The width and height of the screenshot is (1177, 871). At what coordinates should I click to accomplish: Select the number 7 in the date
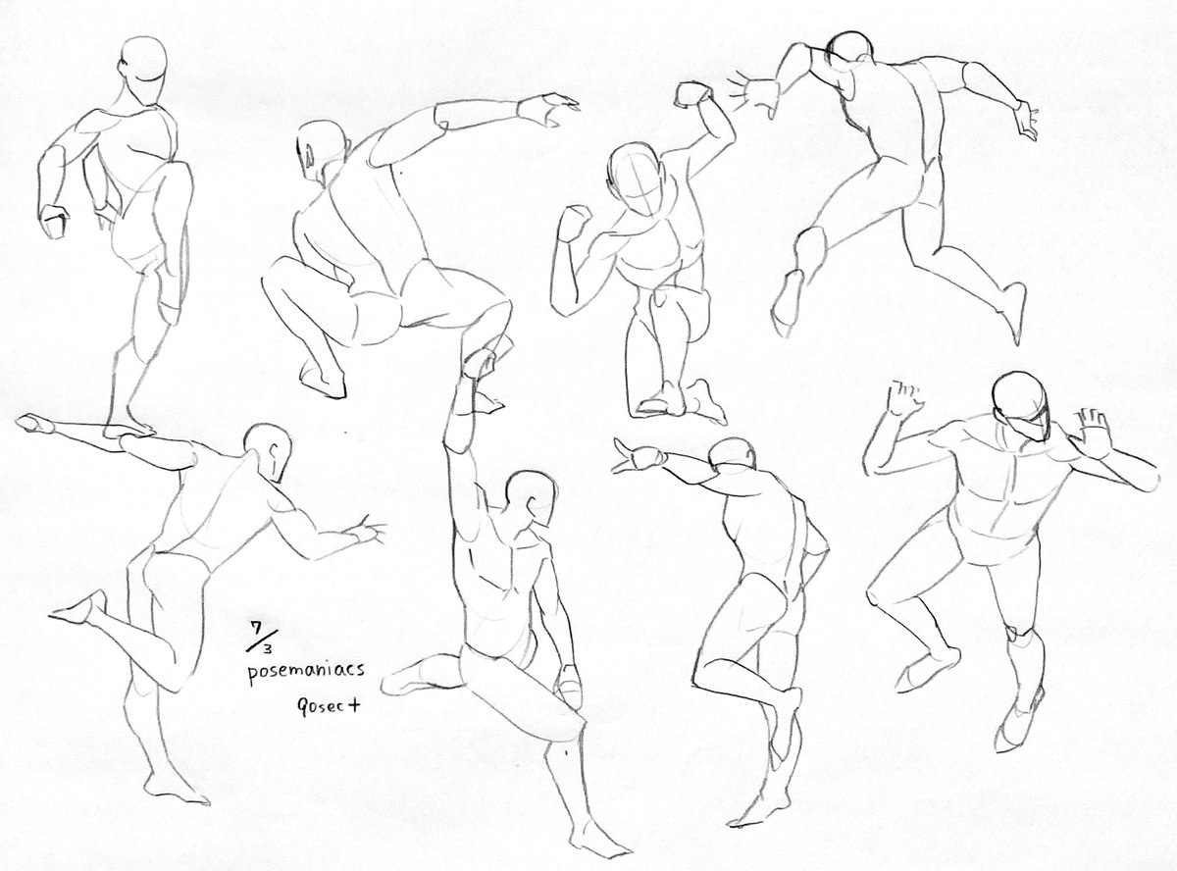tap(257, 628)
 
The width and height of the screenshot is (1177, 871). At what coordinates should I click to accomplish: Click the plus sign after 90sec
tap(353, 705)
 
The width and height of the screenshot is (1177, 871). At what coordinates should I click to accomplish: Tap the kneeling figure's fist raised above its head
tap(693, 94)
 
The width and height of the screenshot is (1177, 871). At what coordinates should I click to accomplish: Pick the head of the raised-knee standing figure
tap(143, 61)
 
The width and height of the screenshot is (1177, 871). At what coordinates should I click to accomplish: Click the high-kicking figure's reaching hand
tap(365, 531)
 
